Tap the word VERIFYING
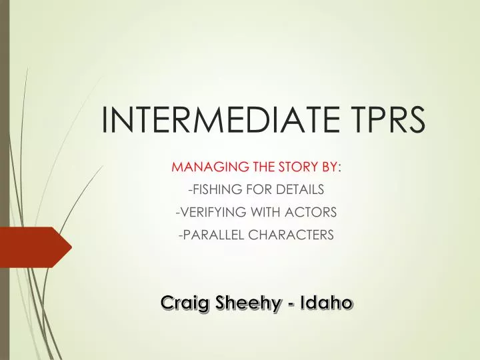point(205,212)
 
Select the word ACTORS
point(311,212)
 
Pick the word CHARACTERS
point(291,235)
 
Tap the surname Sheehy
point(247,303)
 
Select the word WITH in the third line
point(259,212)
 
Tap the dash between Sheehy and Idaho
point(293,304)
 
